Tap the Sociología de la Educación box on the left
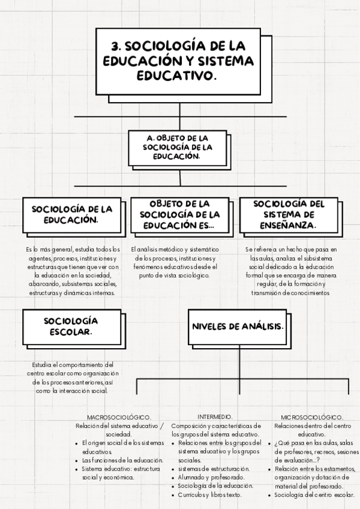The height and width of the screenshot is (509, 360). coord(73,215)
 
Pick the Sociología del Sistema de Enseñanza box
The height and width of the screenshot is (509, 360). coord(289,215)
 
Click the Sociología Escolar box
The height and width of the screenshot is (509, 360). coord(72,327)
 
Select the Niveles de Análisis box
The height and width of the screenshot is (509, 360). coord(238,326)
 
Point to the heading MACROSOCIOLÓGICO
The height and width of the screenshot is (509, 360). coord(119,417)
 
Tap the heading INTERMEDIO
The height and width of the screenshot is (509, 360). coord(215,417)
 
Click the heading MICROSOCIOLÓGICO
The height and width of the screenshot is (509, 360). coord(311,417)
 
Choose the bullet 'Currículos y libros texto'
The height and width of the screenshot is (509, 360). coord(210,495)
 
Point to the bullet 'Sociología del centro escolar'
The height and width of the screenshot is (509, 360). coord(314,495)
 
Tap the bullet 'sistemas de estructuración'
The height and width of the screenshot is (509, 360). coord(214,468)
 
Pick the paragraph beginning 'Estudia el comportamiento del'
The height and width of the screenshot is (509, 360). coord(70,378)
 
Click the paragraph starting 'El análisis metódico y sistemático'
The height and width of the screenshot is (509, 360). coord(175,262)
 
